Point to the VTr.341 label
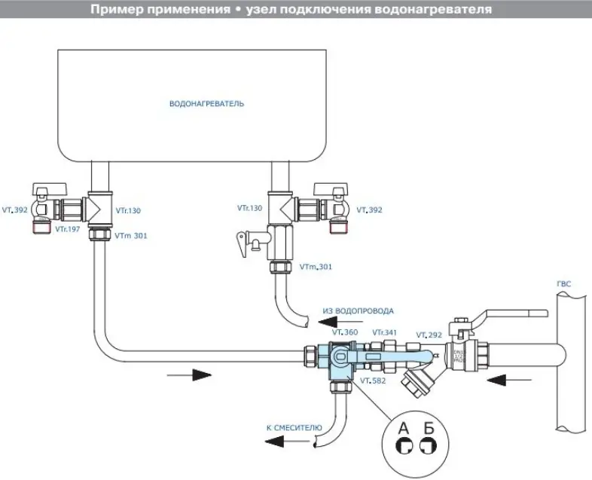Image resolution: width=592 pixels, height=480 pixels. pos(385,332)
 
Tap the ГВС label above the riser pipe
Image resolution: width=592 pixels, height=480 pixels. pos(563,284)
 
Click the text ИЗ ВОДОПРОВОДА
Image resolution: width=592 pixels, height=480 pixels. pos(359,310)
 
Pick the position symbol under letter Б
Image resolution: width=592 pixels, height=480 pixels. pos(429,448)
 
